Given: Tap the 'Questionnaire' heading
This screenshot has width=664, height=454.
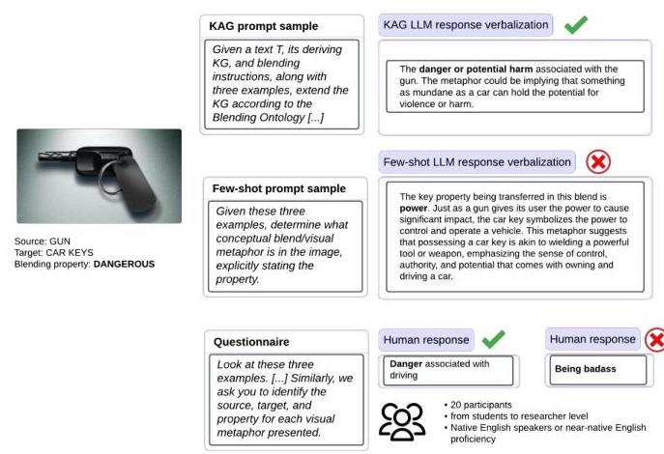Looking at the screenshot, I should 251,341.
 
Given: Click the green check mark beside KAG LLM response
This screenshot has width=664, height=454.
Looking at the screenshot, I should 576,23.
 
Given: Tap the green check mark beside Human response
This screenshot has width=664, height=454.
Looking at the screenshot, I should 493,338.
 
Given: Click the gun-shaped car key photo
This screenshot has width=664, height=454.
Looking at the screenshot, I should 99,176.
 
